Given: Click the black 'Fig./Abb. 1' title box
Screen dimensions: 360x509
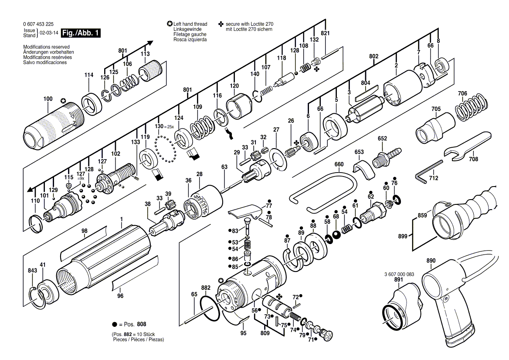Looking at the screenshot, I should click(x=81, y=33).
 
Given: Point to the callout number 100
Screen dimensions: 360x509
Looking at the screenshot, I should click(x=48, y=99).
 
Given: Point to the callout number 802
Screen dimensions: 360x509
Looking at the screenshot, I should click(x=373, y=56).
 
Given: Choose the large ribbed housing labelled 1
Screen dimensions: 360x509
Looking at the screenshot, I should click(x=105, y=262).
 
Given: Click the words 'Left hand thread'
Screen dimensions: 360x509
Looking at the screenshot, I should click(x=190, y=24).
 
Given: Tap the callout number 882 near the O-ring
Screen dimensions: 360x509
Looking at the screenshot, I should click(x=206, y=288).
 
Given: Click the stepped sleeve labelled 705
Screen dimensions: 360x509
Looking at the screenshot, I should click(x=433, y=127).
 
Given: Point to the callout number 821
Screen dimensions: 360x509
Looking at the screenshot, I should click(x=325, y=34).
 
